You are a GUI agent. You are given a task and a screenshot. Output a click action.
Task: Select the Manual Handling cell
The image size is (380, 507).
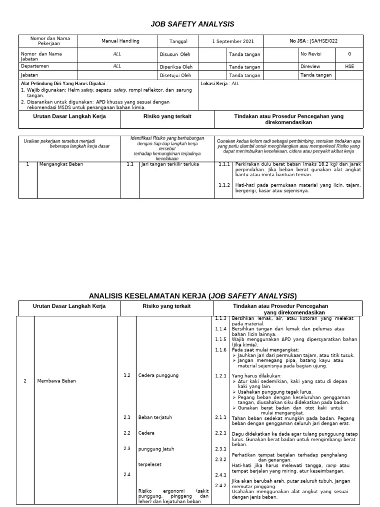coord(120,41)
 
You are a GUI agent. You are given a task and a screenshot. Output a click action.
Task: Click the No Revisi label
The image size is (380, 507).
coord(311,54)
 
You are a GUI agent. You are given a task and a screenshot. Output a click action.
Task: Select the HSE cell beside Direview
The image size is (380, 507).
coord(349,65)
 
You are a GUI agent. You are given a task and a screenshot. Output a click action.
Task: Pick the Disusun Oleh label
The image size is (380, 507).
coord(175,54)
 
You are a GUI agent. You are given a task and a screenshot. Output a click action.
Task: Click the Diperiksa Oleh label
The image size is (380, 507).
coord(176,65)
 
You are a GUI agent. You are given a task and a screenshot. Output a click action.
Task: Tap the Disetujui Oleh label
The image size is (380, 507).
coord(176,75)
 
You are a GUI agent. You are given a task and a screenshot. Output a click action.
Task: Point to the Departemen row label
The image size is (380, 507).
coord(35,65)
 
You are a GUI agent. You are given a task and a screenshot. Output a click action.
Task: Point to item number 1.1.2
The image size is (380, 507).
coord(224,185)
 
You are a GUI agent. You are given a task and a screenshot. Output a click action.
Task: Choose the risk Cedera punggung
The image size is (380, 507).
coord(158,376)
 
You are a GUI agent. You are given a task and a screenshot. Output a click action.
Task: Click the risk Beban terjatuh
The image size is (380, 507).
coord(155,417)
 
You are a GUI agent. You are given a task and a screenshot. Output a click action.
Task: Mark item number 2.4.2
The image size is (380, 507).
coord(220,485)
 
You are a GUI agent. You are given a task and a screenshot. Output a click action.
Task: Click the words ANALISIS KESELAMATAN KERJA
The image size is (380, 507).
coord(148,296)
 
